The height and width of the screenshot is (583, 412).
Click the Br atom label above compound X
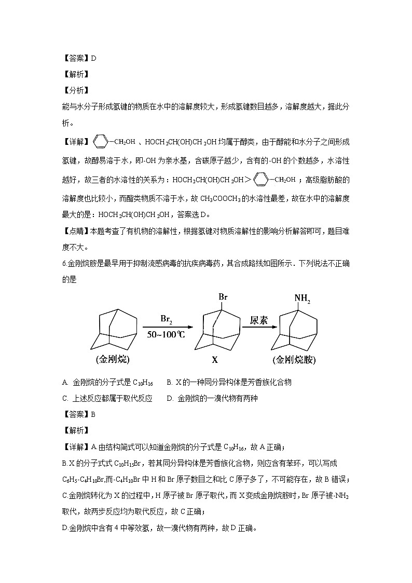click(223, 297)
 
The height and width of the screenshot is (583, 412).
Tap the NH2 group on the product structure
click(302, 298)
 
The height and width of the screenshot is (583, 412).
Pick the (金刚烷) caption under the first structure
click(113, 360)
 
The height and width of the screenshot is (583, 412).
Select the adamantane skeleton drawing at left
click(114, 330)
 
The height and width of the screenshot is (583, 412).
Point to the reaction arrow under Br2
click(166, 327)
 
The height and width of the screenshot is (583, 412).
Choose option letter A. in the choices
click(65, 383)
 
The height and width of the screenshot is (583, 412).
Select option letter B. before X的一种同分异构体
click(169, 383)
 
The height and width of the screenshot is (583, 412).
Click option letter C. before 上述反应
click(65, 399)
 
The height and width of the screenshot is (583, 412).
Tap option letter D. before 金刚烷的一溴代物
click(170, 399)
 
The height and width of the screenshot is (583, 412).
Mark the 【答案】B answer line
click(78, 414)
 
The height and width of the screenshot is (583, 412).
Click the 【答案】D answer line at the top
click(78, 58)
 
